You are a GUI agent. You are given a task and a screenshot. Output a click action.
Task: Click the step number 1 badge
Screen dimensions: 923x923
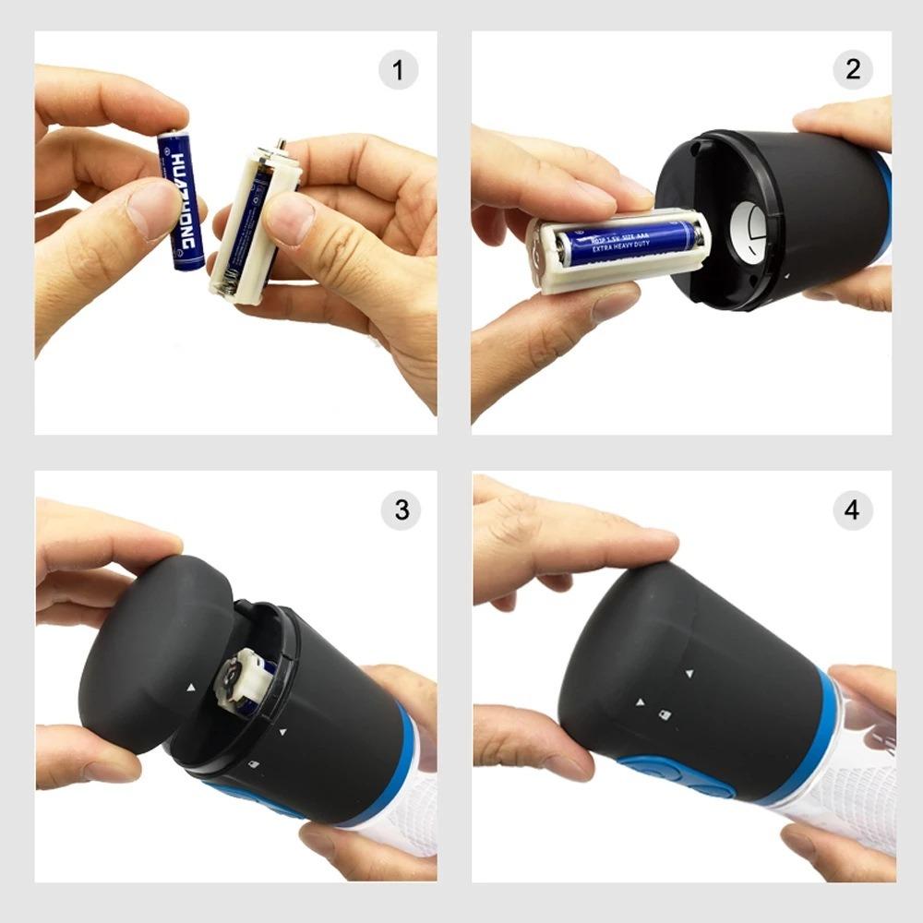click(399, 71)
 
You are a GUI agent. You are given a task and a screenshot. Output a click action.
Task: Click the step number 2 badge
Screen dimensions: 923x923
click(852, 70)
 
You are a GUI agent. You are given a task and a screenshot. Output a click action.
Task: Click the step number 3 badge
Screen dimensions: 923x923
click(401, 510)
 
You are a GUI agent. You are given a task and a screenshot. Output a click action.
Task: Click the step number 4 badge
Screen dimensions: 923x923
click(852, 509)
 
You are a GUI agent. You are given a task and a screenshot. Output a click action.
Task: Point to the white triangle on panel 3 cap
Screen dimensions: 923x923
click(190, 688)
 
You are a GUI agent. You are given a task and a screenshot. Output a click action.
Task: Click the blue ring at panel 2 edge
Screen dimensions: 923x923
click(883, 212)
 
